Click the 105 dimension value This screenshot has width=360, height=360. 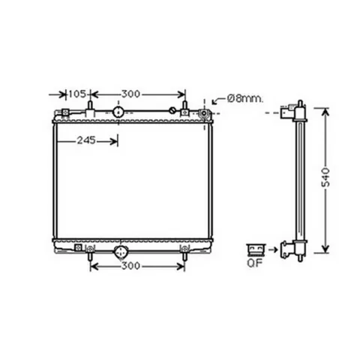point(77,94)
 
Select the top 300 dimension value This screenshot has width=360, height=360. point(130,94)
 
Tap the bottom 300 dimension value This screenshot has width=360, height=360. point(130,266)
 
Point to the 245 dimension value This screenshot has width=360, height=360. point(86,140)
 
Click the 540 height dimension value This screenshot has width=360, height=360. point(325,178)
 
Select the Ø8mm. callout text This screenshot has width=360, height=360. point(245,99)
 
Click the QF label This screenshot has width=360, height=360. point(254,263)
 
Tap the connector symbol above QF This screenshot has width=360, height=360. point(256,250)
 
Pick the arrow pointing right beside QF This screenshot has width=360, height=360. point(273,250)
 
